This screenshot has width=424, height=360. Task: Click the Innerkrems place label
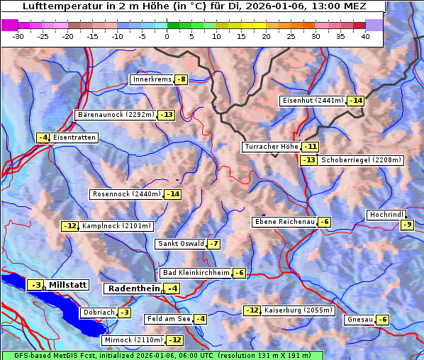152,79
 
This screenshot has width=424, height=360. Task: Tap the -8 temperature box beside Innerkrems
182,79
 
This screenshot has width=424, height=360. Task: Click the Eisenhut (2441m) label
313,101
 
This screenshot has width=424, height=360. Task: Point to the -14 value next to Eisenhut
355,101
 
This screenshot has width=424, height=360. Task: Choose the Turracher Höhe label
271,147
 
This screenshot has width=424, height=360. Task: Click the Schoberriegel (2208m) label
361,160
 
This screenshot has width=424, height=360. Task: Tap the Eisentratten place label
74,137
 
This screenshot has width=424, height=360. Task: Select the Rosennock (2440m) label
126,194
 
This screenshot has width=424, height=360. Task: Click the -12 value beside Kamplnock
69,226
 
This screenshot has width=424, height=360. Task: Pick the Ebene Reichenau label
284,222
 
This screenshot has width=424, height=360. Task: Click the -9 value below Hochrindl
407,225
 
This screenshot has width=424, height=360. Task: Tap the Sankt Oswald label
180,244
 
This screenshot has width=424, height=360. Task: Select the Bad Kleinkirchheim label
196,273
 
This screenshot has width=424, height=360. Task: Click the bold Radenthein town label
133,288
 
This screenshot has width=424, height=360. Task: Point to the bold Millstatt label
68,285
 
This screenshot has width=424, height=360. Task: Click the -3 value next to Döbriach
124,313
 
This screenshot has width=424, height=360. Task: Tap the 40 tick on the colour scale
365,35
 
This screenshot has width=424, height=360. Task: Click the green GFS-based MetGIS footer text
162,355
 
